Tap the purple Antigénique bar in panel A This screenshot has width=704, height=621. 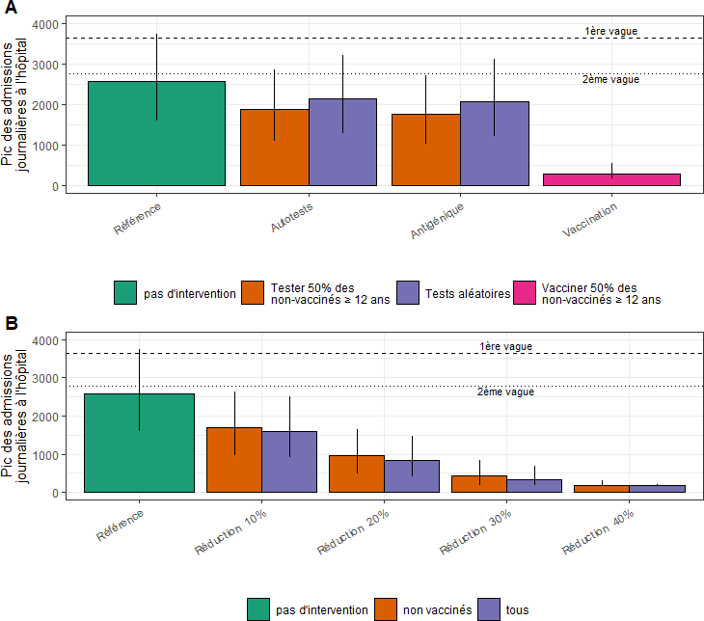pos(494,144)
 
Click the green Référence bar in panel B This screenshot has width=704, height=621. pos(139,443)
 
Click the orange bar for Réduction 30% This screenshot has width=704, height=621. pos(479,483)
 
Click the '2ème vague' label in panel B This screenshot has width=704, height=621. pos(505,392)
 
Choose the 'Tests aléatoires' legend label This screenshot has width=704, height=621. pos(467,294)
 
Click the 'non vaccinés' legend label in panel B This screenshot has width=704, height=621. pos(437,609)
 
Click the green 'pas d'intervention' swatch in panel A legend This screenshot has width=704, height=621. pos(125,293)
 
